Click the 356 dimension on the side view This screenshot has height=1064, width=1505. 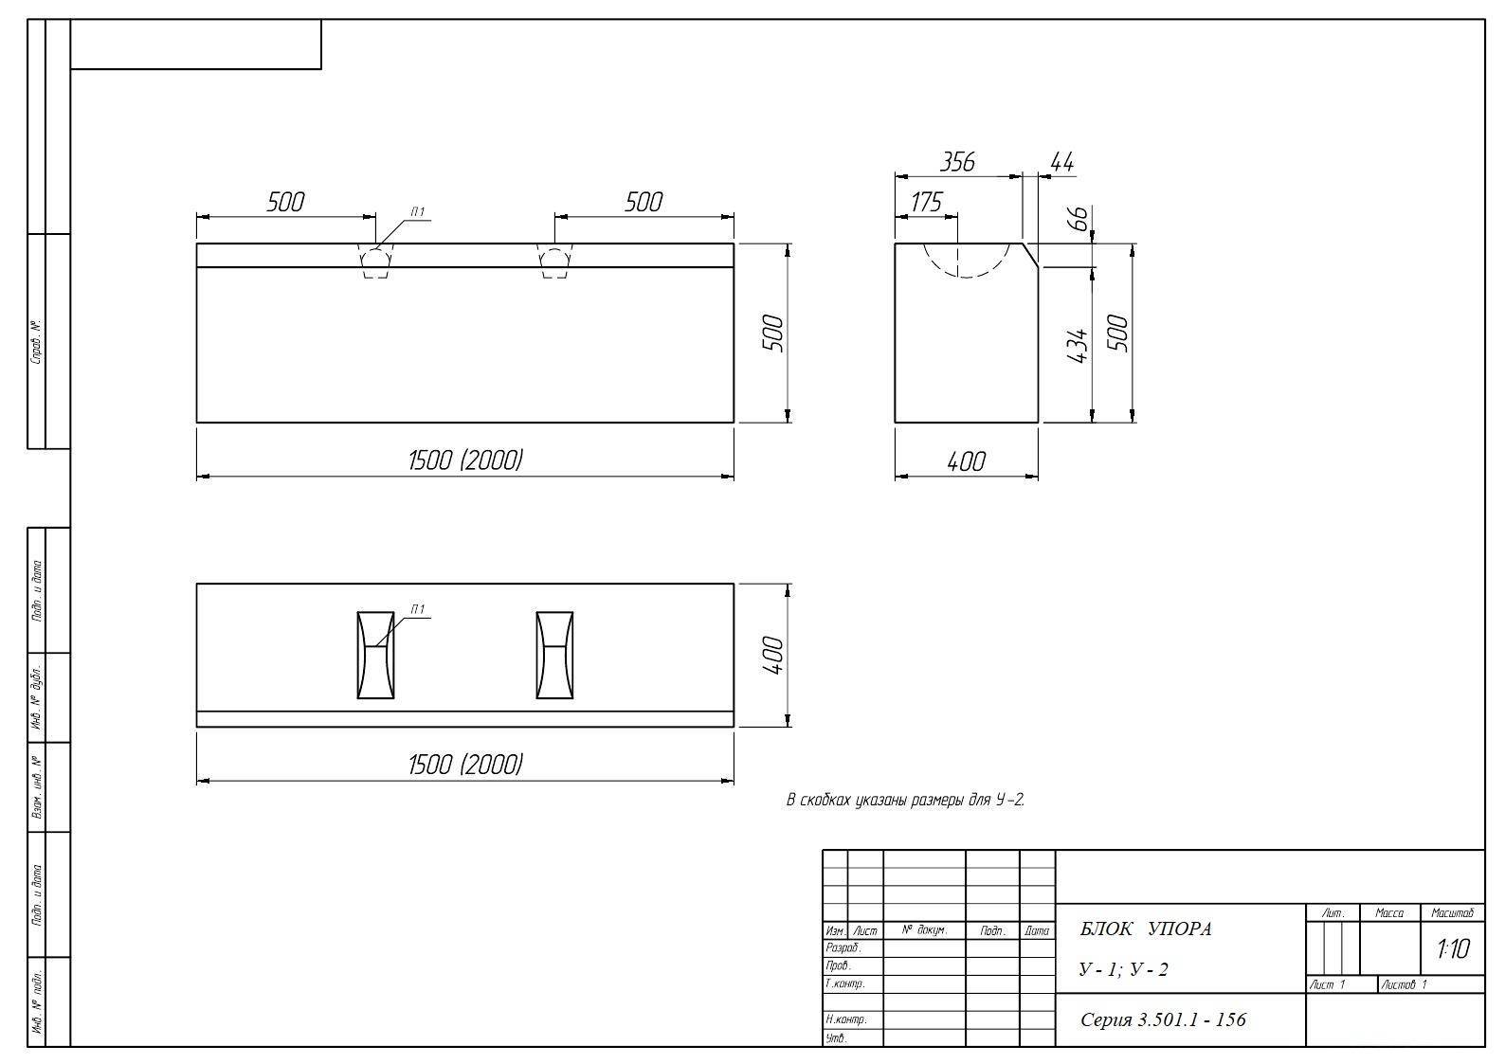957,162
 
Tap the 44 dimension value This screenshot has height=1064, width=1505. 1061,162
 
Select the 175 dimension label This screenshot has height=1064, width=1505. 927,202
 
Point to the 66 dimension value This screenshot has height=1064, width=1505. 1079,218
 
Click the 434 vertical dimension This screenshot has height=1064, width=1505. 1079,345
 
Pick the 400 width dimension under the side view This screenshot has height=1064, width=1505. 966,461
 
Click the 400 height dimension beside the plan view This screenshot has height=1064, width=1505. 773,656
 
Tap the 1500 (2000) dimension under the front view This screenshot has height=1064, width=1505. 465,460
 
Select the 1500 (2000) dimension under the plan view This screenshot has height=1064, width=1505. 465,765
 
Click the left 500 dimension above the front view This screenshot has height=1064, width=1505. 285,202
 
